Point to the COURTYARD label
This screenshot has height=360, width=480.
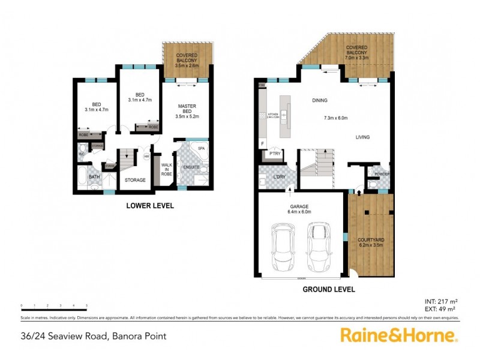coord(370,240)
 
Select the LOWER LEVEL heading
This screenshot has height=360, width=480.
coord(149,206)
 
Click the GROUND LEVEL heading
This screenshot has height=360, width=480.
coord(328,289)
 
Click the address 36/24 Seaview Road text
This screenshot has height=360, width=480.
coord(91,337)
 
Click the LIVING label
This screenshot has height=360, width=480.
coord(361,137)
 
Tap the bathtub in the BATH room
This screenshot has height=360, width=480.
coord(83,178)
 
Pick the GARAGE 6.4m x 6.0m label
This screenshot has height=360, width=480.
coord(299,208)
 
